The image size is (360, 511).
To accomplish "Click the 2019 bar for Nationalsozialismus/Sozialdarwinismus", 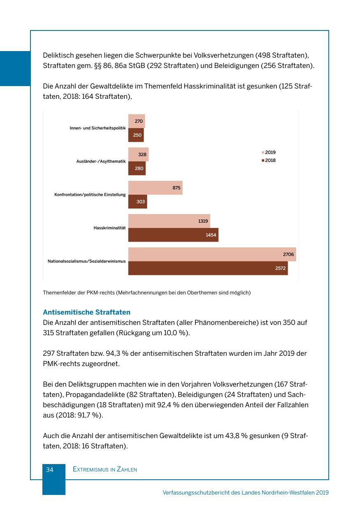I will tap(212, 254).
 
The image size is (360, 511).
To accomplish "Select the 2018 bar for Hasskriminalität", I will tap(173, 235).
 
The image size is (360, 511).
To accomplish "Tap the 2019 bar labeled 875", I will tap(155, 188).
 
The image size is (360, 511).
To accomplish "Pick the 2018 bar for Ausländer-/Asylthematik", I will tap(137, 168).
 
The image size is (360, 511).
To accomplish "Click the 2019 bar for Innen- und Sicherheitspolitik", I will tap(136, 121).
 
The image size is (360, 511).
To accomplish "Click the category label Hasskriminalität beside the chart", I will tap(109, 228).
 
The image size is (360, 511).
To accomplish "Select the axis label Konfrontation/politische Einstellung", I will tap(90, 194).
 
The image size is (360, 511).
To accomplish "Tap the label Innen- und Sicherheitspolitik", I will tap(98, 128).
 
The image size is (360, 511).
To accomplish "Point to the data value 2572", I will tap(281, 268).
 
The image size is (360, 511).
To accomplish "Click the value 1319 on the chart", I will tap(203, 221).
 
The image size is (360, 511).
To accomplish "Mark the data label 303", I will tap(141, 202).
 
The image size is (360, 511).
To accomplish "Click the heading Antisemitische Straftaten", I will tap(86, 313).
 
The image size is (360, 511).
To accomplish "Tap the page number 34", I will tap(50, 469).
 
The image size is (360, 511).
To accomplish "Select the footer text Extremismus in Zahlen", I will tap(105, 469).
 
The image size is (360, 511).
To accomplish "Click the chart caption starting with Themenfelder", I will tap(146, 293).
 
